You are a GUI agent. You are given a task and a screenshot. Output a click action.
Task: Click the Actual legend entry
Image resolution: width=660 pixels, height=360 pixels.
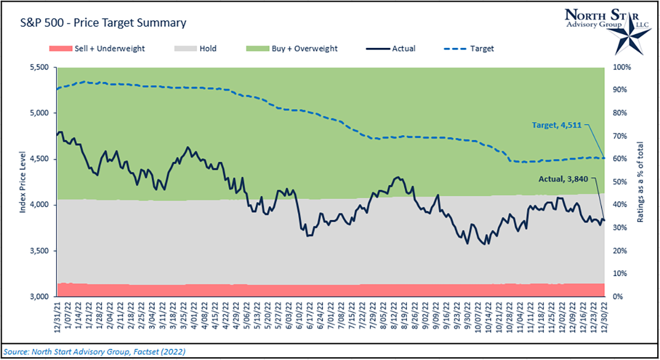[391, 48]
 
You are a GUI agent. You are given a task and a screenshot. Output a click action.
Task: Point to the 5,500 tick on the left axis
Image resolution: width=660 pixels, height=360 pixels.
[39, 68]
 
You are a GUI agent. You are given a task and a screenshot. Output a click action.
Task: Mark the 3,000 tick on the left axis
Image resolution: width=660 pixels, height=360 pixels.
[39, 297]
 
